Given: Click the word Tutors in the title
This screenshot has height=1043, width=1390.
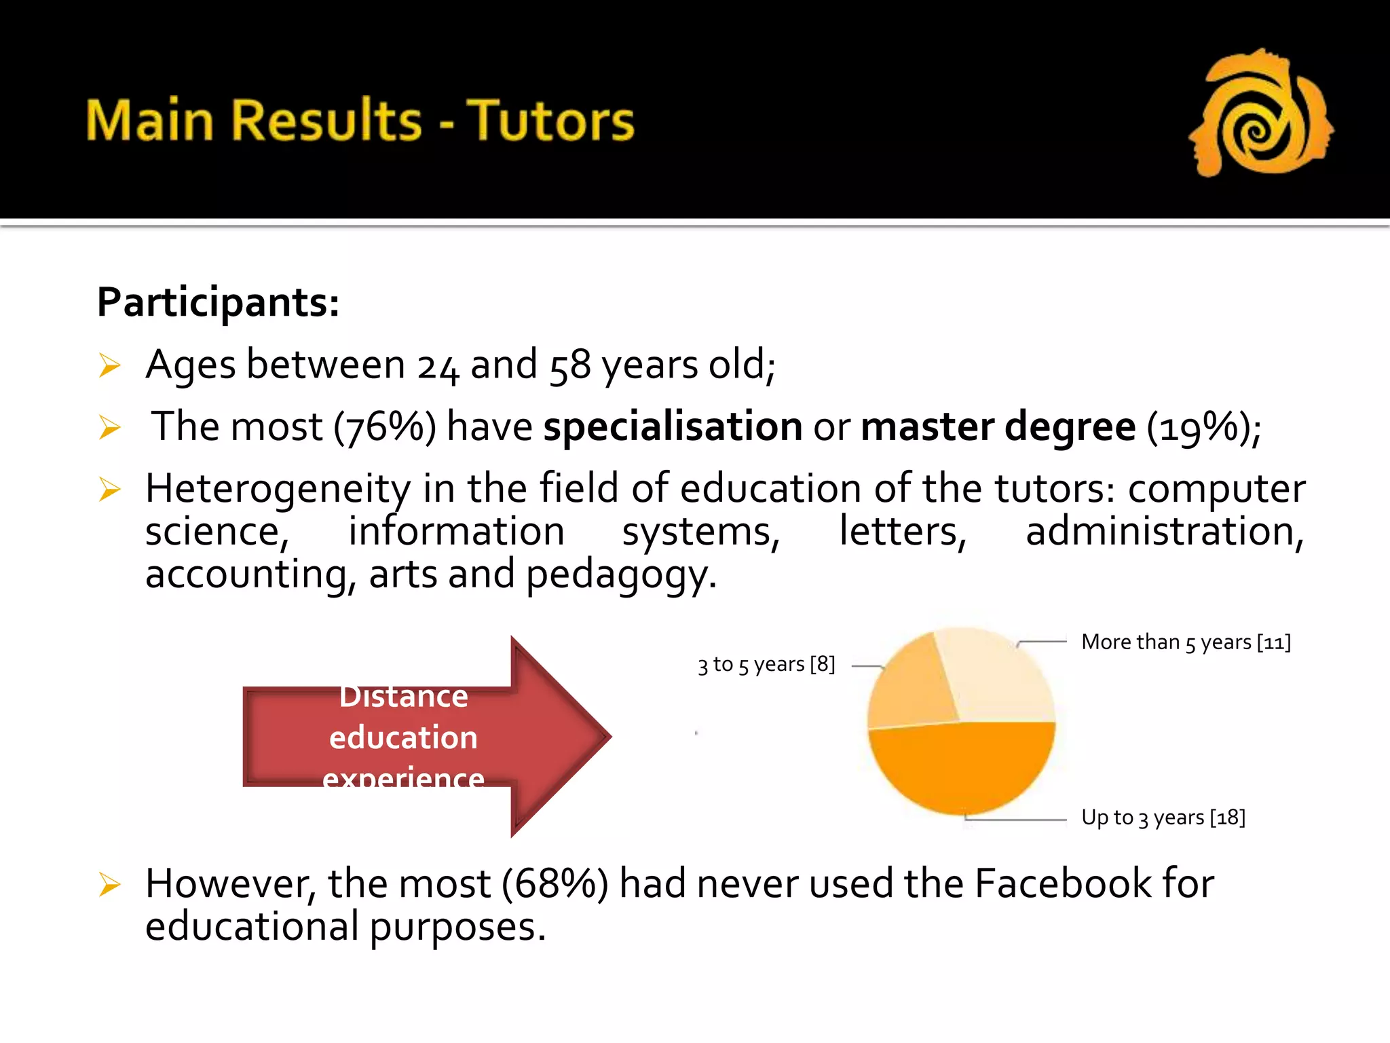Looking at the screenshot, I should (x=550, y=121).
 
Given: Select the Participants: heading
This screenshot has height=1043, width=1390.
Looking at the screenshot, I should (x=218, y=302).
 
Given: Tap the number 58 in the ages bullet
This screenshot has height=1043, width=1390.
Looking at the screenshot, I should (x=569, y=366).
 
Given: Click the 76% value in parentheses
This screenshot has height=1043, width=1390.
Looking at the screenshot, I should (x=385, y=428).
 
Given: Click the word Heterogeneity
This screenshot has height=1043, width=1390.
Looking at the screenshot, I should (x=278, y=489).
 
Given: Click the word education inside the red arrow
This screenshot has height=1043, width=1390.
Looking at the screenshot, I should (x=403, y=737).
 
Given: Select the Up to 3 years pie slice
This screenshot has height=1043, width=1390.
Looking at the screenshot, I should (x=962, y=767).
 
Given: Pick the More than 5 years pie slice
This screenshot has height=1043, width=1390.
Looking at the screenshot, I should (x=996, y=676).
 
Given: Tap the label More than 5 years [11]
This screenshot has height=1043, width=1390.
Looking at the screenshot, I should (x=1186, y=642).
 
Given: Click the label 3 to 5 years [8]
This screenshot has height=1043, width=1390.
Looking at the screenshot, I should (x=766, y=664).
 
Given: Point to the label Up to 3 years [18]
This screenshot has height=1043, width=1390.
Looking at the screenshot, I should (x=1163, y=818).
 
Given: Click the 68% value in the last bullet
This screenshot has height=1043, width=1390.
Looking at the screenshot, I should (x=555, y=884).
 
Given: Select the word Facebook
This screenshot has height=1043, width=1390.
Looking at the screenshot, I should (x=1063, y=884).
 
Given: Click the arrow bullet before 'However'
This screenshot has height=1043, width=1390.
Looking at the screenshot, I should (x=109, y=885).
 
